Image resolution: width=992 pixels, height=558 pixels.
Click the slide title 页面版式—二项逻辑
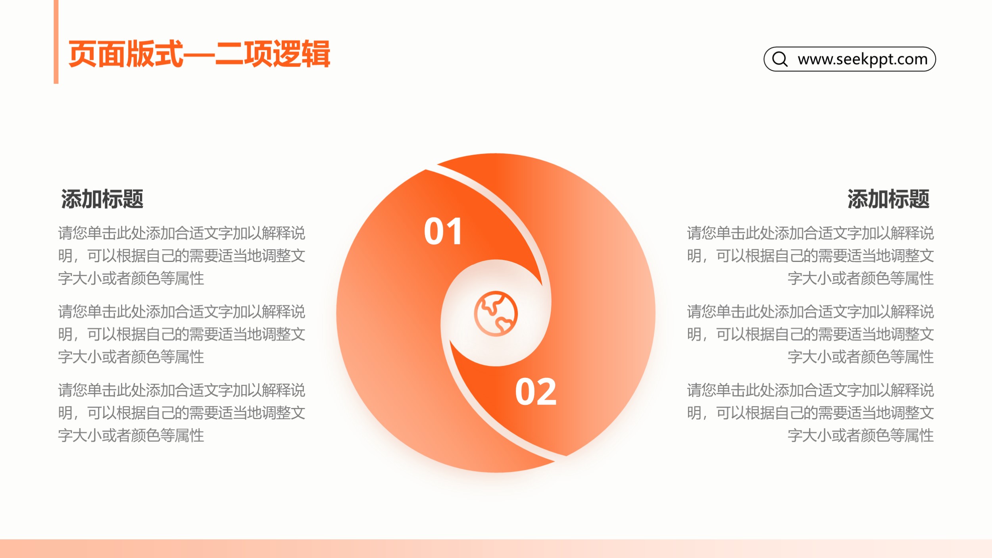199,54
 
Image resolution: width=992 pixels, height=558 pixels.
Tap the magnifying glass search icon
780,59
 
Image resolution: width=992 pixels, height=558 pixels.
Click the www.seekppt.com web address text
863,59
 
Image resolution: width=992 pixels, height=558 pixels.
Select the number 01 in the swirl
443,231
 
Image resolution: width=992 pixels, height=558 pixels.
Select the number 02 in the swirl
536,392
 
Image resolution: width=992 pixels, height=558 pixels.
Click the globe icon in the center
496,314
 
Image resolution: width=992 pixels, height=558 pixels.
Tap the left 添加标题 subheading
102,199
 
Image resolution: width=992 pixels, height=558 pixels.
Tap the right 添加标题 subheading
888,199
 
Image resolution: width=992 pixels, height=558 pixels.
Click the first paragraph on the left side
181,256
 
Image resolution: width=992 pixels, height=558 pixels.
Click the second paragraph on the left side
181,334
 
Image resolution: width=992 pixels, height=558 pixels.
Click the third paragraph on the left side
181,413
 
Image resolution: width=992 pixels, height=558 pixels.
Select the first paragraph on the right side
810,256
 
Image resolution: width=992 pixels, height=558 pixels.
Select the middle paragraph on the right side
810,334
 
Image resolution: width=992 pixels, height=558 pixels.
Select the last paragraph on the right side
810,413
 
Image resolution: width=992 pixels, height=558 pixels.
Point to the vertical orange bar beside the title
56,42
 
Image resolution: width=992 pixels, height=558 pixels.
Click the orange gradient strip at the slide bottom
496,548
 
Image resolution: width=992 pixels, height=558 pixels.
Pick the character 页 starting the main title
83,54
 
